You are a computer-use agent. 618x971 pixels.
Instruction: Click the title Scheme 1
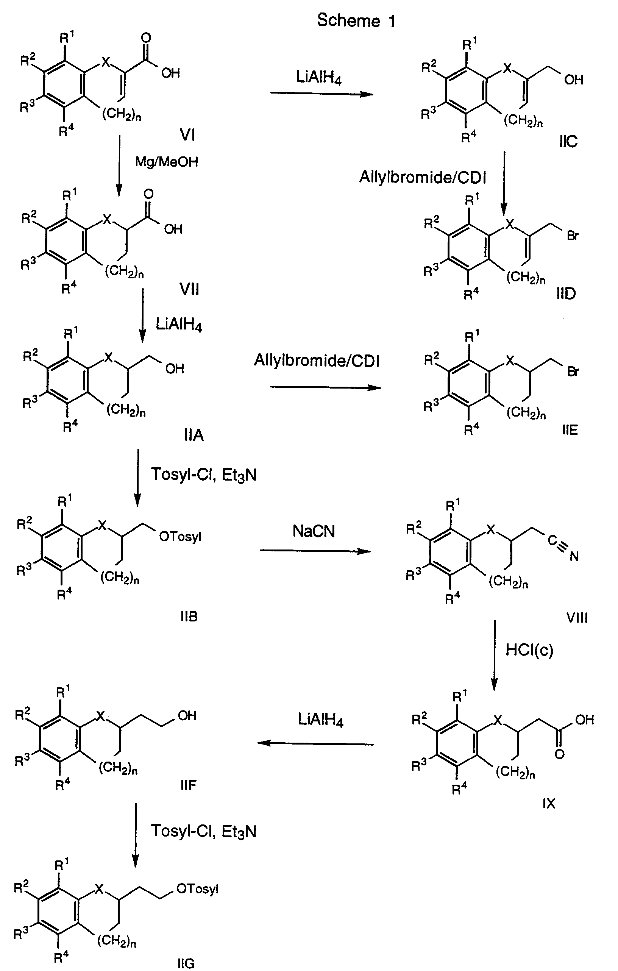point(356,20)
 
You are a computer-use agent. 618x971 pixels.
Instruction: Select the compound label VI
point(187,135)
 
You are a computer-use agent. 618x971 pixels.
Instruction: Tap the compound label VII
point(189,289)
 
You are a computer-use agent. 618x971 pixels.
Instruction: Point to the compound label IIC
point(568,141)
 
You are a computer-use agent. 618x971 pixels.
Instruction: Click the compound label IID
point(566,294)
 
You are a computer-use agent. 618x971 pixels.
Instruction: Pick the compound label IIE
point(570,430)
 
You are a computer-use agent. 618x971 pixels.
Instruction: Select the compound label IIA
point(194,435)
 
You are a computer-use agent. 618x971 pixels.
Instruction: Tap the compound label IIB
point(189,617)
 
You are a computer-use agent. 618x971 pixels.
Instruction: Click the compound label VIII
point(577,618)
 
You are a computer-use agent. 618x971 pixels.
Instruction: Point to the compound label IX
point(549,804)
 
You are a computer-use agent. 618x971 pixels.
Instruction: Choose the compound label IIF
point(188,785)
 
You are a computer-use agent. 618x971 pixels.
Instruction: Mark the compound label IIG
point(186,964)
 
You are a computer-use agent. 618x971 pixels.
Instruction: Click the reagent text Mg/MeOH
point(167,162)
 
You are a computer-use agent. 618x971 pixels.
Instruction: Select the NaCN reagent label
point(314,531)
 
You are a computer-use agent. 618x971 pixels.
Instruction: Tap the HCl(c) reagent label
point(529,649)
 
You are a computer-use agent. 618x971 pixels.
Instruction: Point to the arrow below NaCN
point(315,551)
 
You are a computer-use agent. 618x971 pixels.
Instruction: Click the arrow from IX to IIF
point(315,743)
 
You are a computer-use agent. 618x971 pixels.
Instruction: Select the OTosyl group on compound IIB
point(180,537)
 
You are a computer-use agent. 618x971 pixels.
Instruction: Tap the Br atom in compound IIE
point(573,372)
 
